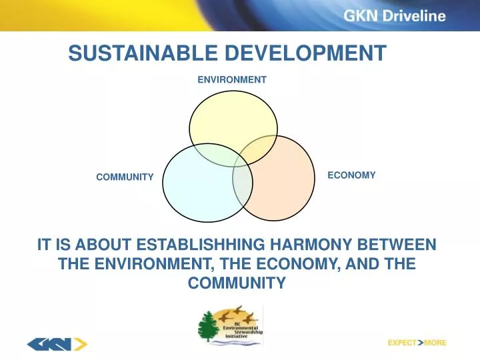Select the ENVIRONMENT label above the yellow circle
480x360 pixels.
232,79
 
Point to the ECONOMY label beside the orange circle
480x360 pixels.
351,175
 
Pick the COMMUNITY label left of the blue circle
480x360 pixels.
125,177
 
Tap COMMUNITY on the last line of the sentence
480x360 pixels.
237,283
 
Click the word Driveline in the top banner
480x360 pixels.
417,17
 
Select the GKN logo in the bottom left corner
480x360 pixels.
57,344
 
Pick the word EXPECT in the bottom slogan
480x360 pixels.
402,343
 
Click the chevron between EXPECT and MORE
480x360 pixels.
420,343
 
